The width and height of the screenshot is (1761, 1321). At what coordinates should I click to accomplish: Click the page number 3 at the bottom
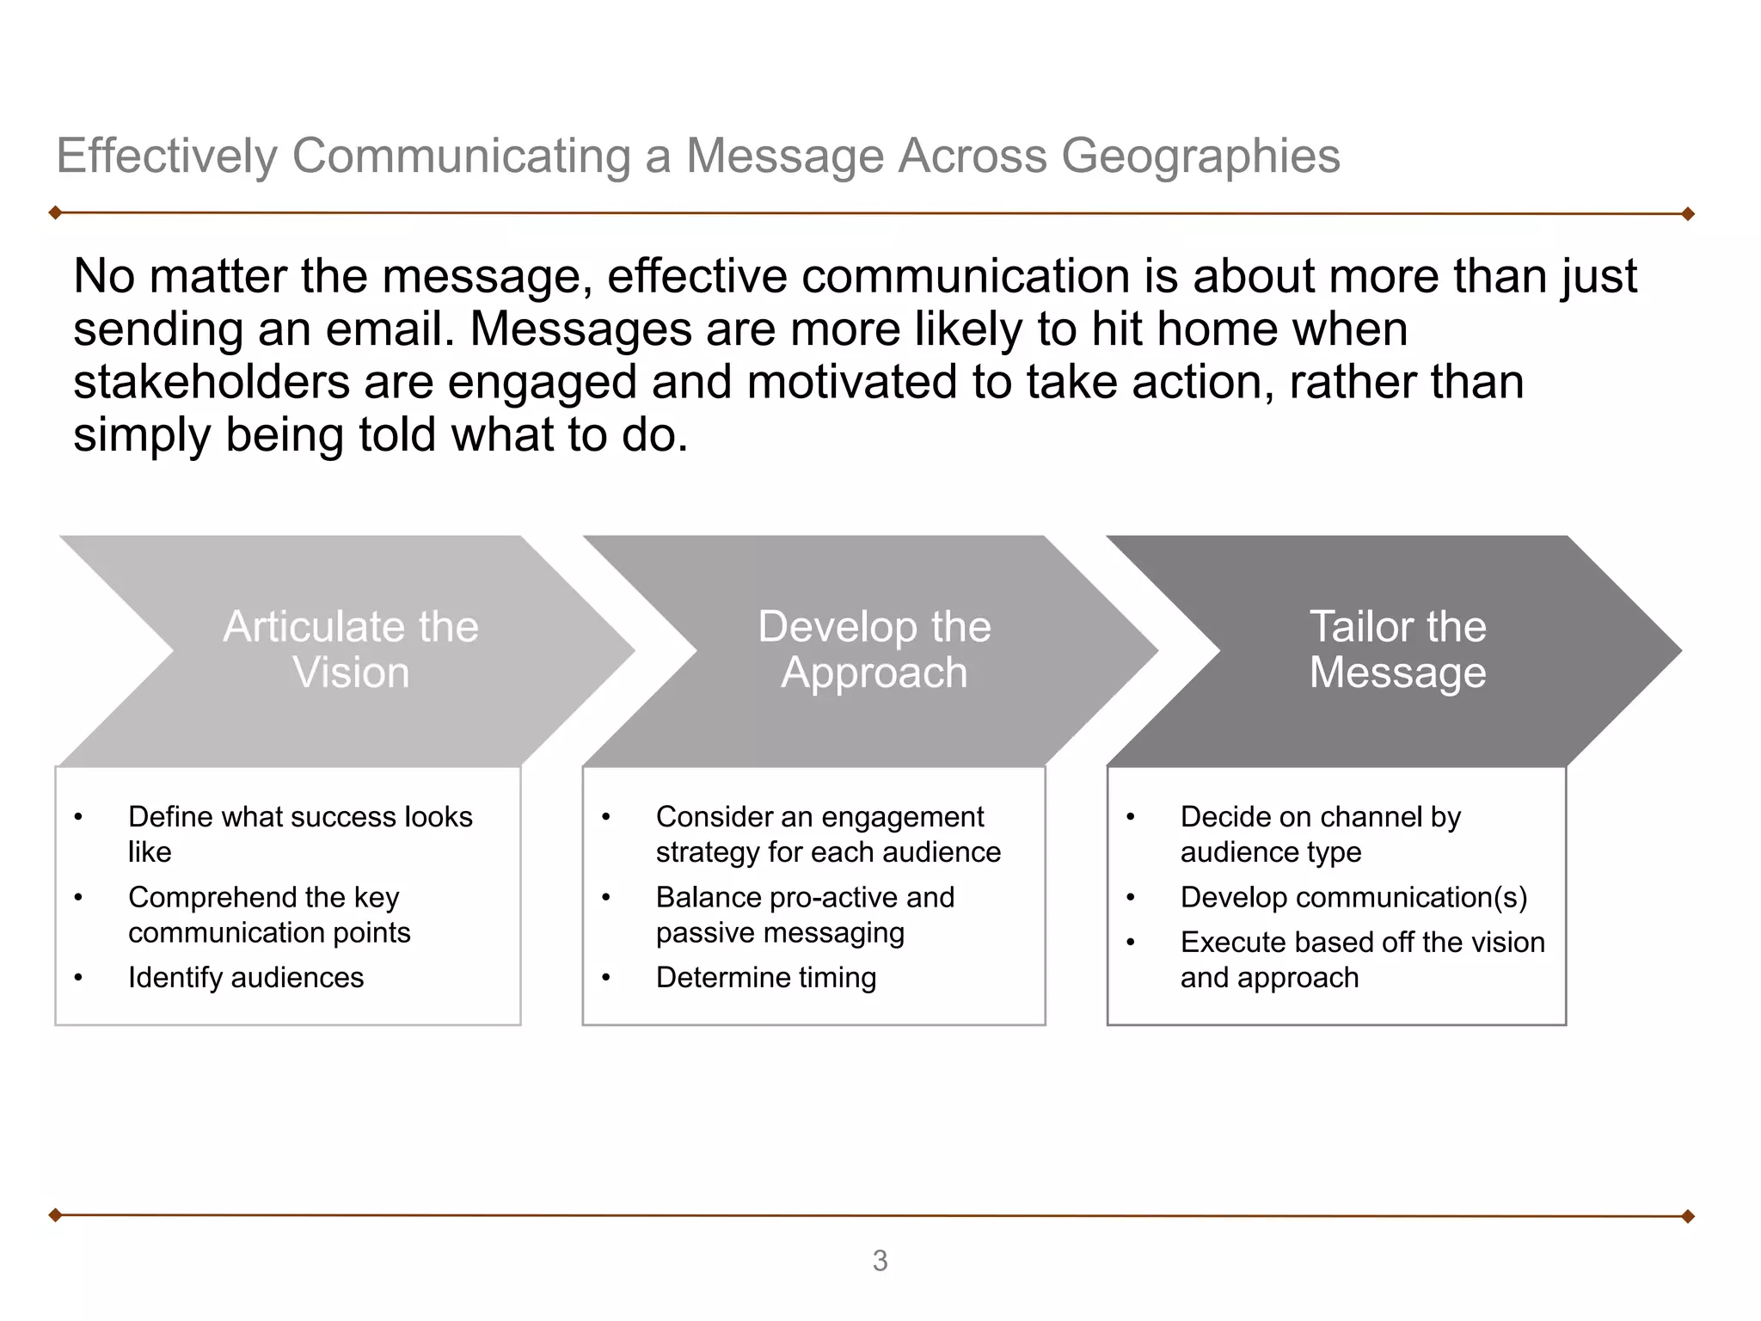880,1261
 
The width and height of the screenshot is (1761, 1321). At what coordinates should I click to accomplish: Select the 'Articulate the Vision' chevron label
351,649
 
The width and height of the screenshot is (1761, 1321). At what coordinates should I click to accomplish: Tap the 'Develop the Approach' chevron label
874,649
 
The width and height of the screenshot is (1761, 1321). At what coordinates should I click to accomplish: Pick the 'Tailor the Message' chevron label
1397,649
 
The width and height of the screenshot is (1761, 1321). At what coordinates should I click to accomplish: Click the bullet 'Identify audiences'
246,978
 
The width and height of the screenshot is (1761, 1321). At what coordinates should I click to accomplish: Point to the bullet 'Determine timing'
766,978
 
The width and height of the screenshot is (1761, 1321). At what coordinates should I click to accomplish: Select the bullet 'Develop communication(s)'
1353,898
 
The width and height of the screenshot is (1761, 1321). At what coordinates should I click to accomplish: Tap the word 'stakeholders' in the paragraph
212,383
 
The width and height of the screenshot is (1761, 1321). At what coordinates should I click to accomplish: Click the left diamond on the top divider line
55,212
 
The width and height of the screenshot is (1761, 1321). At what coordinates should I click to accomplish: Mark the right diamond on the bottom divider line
1687,1216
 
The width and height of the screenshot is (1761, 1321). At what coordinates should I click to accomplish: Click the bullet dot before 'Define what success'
78,817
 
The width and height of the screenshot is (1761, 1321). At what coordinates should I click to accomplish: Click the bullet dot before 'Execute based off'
1131,943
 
